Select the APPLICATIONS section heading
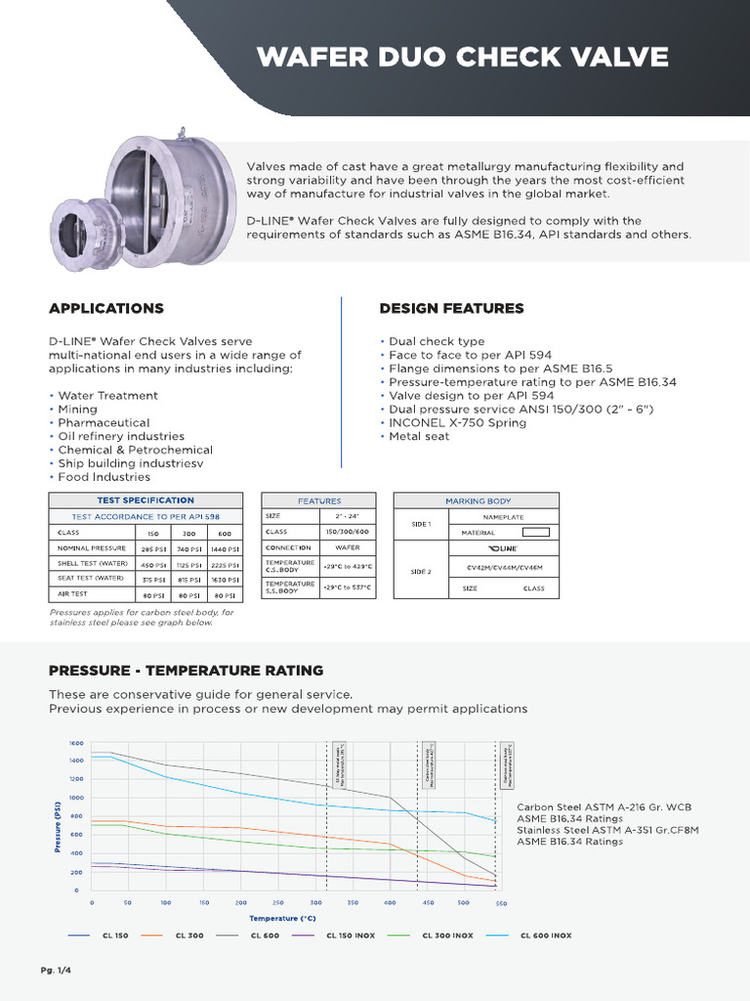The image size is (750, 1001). [x=106, y=308]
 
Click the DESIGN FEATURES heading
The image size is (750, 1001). [x=451, y=308]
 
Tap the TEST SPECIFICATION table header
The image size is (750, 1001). [x=146, y=500]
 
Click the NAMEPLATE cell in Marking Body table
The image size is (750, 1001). [x=503, y=516]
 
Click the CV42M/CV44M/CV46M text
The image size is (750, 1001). [x=503, y=565]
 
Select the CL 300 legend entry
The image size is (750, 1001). [x=189, y=936]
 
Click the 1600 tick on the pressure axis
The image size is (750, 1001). [x=77, y=743]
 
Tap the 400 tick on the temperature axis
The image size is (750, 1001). [x=391, y=903]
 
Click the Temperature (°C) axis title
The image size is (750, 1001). [x=282, y=919]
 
